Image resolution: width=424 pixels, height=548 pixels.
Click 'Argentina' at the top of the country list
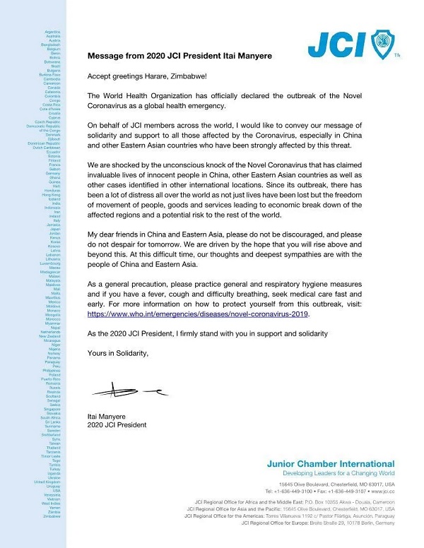pyautogui.click(x=51, y=32)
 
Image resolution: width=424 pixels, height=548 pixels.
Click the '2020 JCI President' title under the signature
pyautogui.click(x=117, y=425)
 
